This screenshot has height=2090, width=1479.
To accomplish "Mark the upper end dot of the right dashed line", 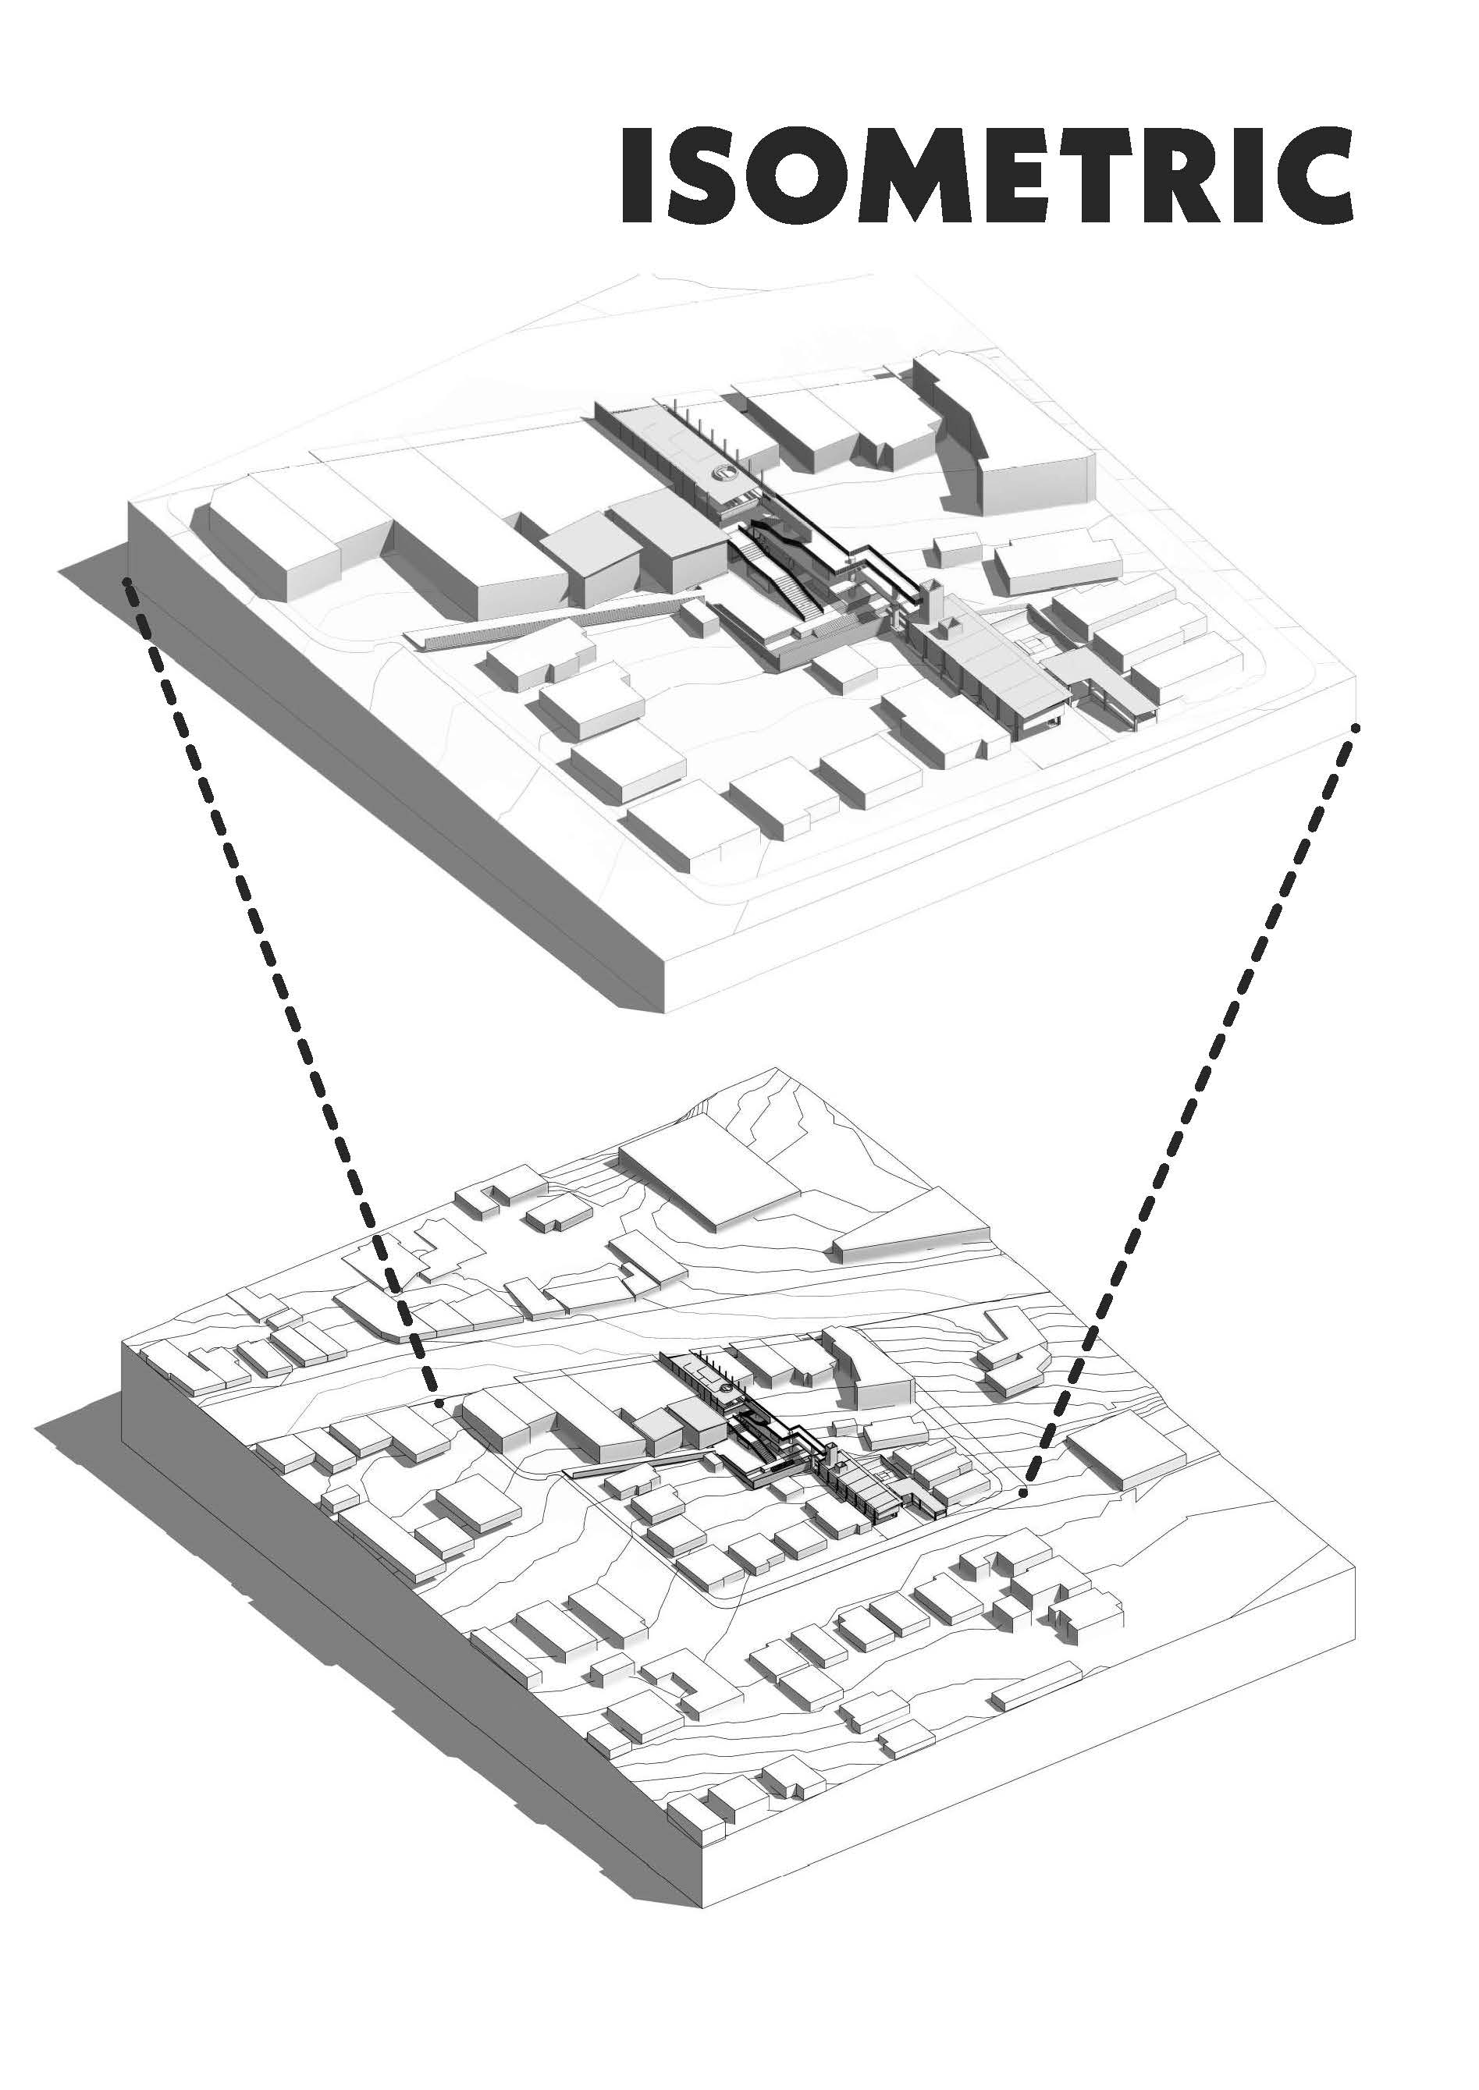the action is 1357,727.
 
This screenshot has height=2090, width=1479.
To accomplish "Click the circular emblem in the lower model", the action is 725,1386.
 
